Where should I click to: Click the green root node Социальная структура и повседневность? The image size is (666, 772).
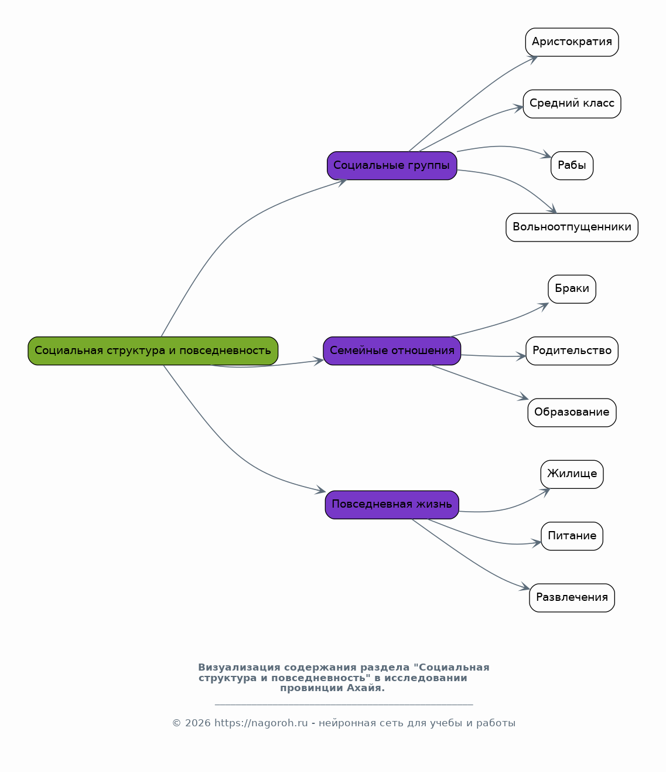pyautogui.click(x=153, y=351)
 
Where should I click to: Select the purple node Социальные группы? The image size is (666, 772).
pyautogui.click(x=392, y=165)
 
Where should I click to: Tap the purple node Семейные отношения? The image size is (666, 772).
pyautogui.click(x=392, y=351)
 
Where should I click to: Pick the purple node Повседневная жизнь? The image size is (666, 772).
pyautogui.click(x=392, y=505)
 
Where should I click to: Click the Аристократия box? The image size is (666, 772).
pyautogui.click(x=572, y=42)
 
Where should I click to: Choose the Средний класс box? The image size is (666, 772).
pyautogui.click(x=572, y=104)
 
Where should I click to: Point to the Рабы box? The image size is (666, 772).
pyautogui.click(x=572, y=165)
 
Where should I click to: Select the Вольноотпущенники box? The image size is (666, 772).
pyautogui.click(x=572, y=227)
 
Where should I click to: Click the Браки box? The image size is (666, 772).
pyautogui.click(x=572, y=289)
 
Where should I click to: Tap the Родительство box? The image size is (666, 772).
pyautogui.click(x=572, y=351)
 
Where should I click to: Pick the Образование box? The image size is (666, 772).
pyautogui.click(x=572, y=412)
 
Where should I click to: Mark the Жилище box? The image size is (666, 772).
pyautogui.click(x=572, y=474)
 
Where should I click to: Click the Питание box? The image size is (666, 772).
pyautogui.click(x=572, y=536)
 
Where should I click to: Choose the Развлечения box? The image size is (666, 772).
pyautogui.click(x=572, y=597)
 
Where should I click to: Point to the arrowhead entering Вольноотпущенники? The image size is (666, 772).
pyautogui.click(x=552, y=209)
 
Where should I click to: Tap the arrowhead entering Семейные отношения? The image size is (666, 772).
pyautogui.click(x=319, y=361)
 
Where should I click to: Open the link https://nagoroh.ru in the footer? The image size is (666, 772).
pyautogui.click(x=261, y=723)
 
